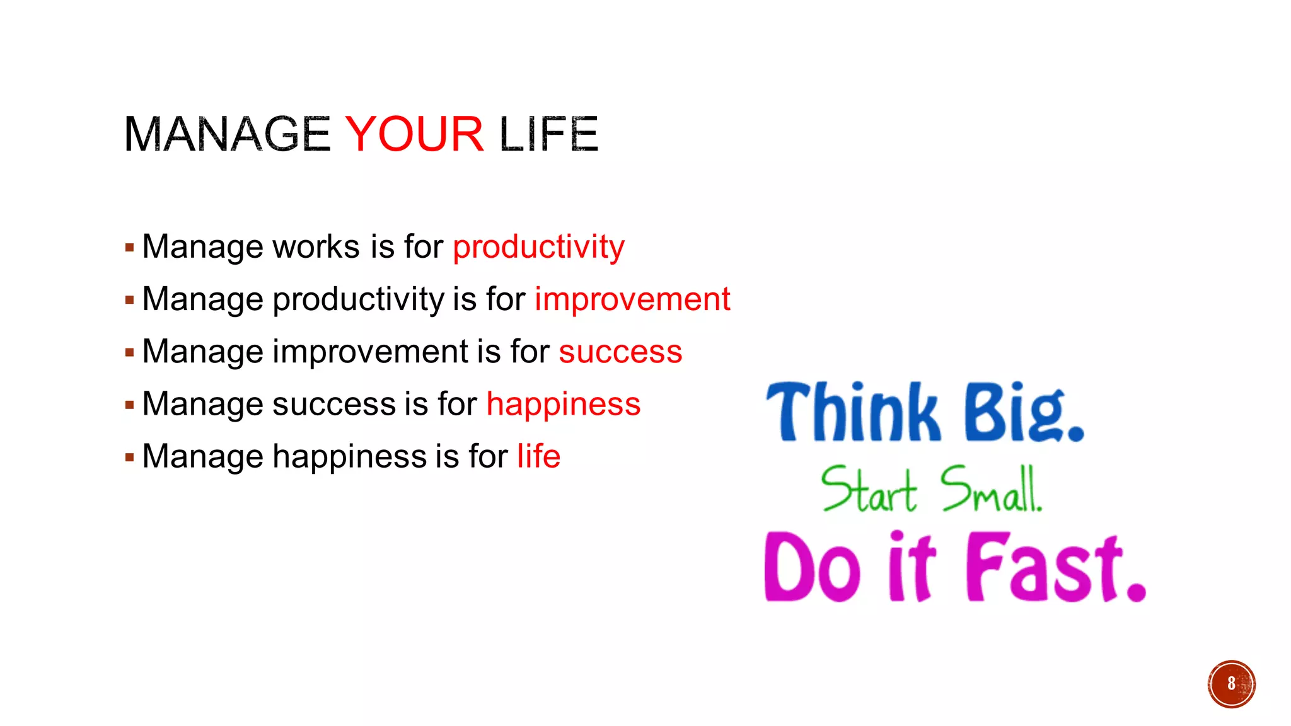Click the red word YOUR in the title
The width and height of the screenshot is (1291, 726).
tap(414, 134)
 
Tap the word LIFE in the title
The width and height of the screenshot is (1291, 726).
tap(548, 134)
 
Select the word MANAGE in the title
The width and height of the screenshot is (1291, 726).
tap(227, 134)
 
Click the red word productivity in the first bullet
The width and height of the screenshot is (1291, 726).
tap(538, 247)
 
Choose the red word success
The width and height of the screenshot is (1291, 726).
tap(620, 352)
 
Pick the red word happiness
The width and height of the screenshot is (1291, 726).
tap(564, 404)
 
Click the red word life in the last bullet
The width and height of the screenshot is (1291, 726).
tap(538, 456)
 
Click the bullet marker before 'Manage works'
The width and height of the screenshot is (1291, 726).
tap(129, 248)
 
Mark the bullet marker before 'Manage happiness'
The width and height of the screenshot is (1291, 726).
tap(129, 458)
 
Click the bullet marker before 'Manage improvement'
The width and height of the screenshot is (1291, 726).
tap(129, 353)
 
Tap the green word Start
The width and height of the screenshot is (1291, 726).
tap(869, 490)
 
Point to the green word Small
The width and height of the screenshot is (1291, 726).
tap(990, 490)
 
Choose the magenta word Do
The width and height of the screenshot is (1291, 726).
tap(812, 567)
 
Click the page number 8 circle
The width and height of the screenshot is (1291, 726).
tap(1231, 684)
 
